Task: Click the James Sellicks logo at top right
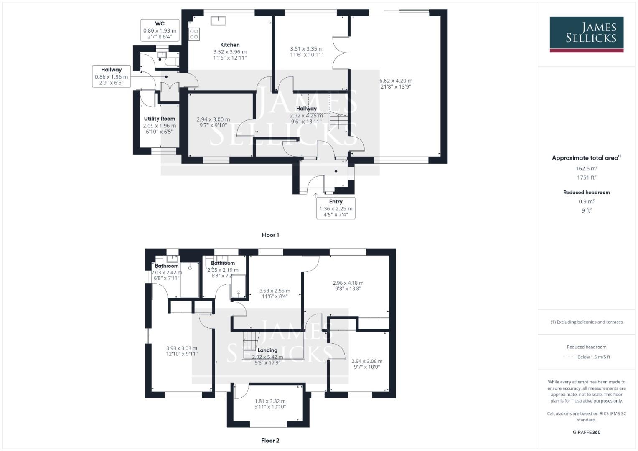[586, 34]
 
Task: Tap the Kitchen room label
[230, 45]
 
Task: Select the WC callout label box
[160, 30]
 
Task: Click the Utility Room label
[159, 119]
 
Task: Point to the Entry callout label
[336, 208]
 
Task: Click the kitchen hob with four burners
[194, 34]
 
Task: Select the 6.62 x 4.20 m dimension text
[395, 81]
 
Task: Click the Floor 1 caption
[270, 235]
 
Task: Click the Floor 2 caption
[270, 440]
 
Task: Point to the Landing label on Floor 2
[267, 350]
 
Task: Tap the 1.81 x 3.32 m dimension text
[270, 401]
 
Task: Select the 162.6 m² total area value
[586, 168]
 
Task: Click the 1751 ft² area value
[586, 177]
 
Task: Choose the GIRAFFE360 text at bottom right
[586, 432]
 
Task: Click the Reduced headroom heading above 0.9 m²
[586, 193]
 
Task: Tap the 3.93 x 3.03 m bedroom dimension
[181, 348]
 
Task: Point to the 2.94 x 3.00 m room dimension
[213, 119]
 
